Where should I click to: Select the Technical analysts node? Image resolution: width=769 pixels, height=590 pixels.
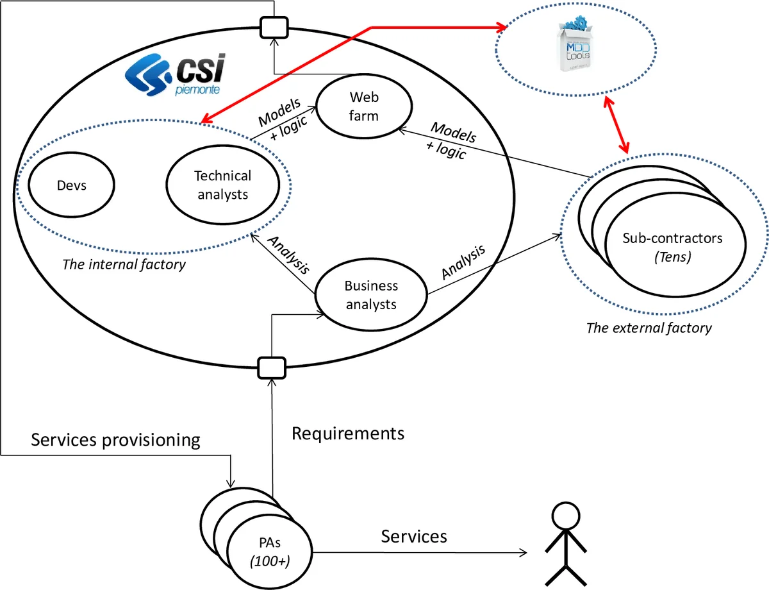pos(222,185)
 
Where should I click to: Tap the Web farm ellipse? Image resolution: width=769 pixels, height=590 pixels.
pos(363,107)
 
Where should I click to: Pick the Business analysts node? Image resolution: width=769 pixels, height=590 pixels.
pos(370,295)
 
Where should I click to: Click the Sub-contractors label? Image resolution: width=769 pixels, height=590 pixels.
pos(672,239)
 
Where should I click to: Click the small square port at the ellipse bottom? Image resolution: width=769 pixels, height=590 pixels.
pos(273,367)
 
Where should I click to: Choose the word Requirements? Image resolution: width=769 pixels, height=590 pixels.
pos(348,434)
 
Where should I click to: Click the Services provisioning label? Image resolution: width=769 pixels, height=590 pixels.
pos(115,441)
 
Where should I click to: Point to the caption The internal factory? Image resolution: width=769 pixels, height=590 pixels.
pos(124,264)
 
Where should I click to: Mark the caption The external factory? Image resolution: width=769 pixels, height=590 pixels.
pos(649,328)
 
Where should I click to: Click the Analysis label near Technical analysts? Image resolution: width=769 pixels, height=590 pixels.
pos(288,255)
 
